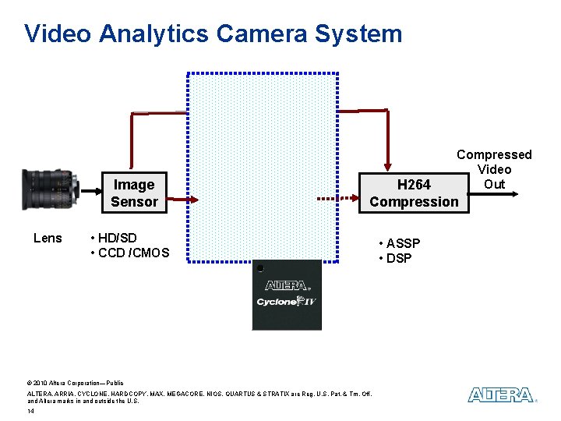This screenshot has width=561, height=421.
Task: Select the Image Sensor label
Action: (134, 193)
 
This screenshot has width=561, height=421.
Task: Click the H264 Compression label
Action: (414, 193)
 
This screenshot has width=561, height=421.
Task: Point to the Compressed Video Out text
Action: (494, 169)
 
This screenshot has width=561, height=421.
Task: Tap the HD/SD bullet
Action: (114, 238)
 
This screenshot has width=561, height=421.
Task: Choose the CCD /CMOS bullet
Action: (129, 253)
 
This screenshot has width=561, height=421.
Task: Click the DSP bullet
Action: (395, 258)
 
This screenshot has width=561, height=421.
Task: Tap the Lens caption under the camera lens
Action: (48, 238)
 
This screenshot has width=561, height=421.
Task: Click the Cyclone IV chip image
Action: (287, 295)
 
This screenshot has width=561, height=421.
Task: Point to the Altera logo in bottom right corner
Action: (502, 395)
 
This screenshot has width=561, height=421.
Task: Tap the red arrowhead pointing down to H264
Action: (387, 165)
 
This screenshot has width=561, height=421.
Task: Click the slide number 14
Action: (30, 411)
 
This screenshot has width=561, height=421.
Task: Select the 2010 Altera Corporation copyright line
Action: (75, 384)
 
